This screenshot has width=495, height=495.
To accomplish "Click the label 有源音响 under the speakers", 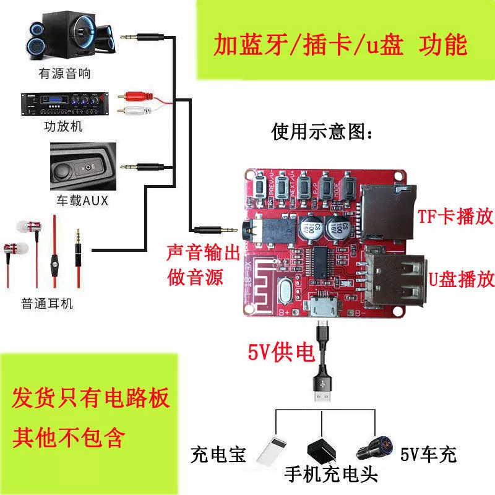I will (64, 74).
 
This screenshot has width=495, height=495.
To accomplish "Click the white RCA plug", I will (137, 112).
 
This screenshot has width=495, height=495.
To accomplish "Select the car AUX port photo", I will (84, 167).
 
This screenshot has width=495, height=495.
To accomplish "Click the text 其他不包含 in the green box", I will (68, 437).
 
